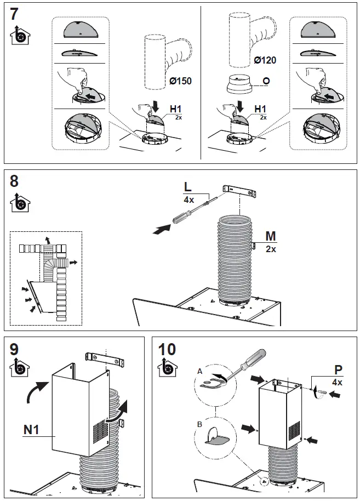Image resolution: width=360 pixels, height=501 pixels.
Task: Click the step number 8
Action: tap(15, 181)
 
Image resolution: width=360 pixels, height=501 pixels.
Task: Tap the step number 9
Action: tap(15, 349)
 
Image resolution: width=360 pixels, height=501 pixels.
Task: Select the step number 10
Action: tap(167, 349)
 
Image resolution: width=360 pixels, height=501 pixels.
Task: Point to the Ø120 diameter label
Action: tap(265, 60)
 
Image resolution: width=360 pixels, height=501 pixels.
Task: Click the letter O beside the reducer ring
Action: tap(266, 81)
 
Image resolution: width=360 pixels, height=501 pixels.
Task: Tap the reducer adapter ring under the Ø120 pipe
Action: tap(239, 86)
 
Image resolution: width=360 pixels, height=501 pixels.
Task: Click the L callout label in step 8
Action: tap(188, 187)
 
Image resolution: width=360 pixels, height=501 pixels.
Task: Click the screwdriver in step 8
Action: tap(189, 212)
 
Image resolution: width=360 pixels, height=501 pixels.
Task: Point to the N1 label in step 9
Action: tap(31, 430)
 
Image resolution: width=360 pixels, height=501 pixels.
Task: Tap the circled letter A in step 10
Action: tap(199, 371)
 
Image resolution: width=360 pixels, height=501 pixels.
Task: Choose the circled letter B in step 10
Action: tap(199, 424)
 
